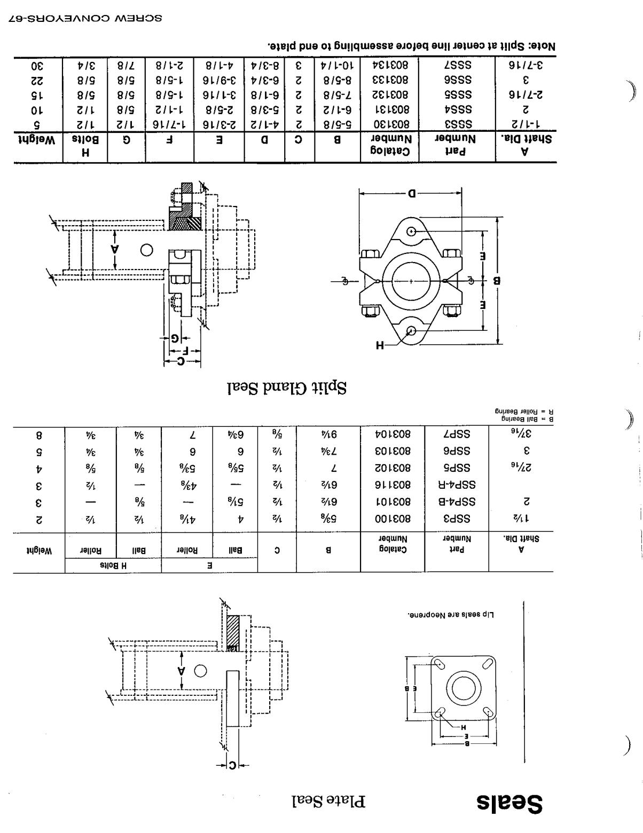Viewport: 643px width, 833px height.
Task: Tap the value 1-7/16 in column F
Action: pyautogui.click(x=170, y=125)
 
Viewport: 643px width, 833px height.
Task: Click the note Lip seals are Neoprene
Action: pyautogui.click(x=451, y=615)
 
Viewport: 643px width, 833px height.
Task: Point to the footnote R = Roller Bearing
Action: pyautogui.click(x=524, y=411)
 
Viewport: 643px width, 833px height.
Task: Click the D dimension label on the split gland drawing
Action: pyautogui.click(x=410, y=193)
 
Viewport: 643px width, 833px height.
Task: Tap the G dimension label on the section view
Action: pyautogui.click(x=175, y=338)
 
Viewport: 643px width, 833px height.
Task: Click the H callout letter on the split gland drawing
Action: pyautogui.click(x=380, y=345)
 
